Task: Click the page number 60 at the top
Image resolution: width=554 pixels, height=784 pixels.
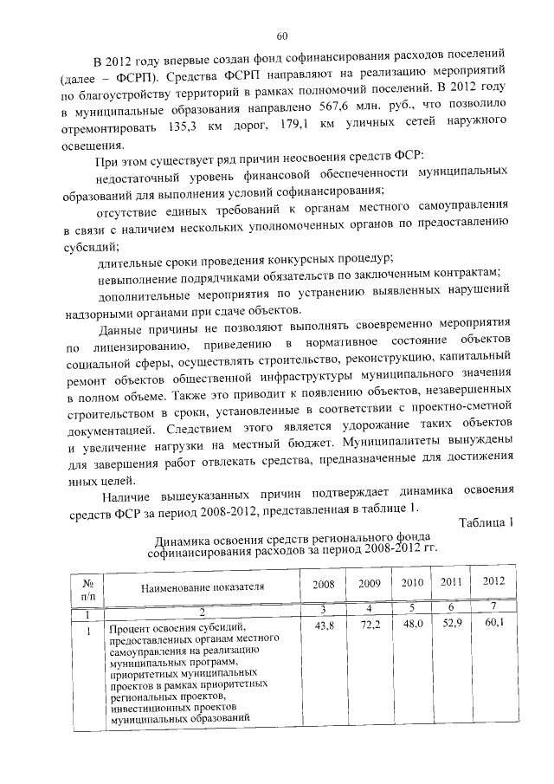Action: [282, 36]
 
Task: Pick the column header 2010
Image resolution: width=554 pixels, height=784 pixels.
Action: [413, 582]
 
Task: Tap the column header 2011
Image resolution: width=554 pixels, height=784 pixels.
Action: [453, 582]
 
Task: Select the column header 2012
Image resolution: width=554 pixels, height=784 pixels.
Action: [493, 582]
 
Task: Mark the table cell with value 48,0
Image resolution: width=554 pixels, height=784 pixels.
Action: [413, 624]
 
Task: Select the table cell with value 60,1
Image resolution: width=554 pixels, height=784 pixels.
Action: [493, 624]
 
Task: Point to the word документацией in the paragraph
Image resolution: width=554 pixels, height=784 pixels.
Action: [107, 429]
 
